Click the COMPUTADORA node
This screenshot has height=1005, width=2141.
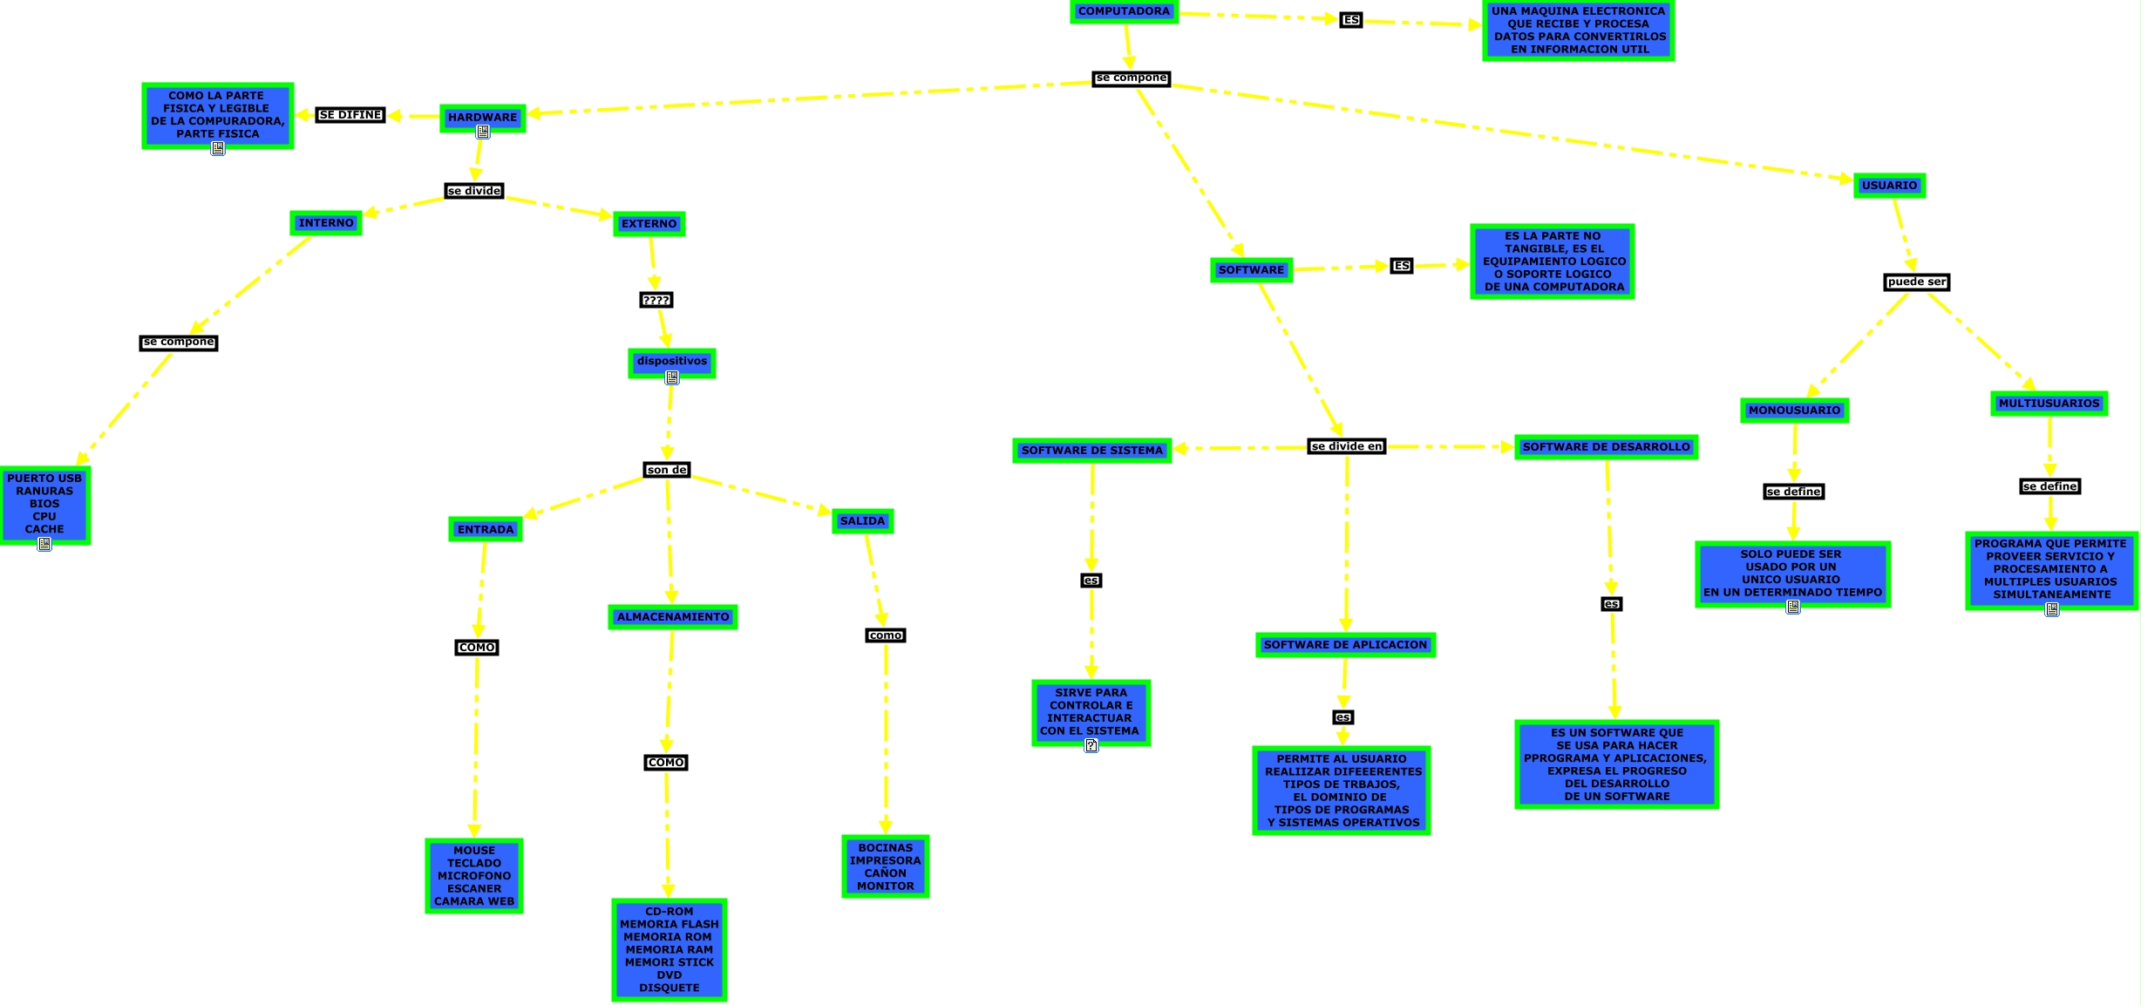(1124, 11)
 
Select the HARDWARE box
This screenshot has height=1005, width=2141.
(482, 118)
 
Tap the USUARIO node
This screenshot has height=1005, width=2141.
(1889, 186)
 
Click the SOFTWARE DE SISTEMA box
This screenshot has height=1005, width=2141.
(1091, 451)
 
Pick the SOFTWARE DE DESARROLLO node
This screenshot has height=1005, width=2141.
(1606, 447)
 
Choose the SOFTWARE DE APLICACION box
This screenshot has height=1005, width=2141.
(1345, 645)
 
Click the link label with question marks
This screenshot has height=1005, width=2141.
(656, 301)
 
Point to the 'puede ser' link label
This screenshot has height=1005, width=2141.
(1916, 282)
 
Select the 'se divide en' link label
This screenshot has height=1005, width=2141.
(1346, 447)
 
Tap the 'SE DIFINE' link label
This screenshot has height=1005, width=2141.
(350, 115)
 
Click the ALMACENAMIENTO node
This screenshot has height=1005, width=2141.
(672, 617)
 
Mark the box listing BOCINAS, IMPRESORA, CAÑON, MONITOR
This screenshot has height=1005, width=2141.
(885, 866)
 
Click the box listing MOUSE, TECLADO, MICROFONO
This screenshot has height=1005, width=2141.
(473, 876)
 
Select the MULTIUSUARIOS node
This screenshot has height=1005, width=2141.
(2049, 404)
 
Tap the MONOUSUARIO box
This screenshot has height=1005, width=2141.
(1794, 411)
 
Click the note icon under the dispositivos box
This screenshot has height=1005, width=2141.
(672, 377)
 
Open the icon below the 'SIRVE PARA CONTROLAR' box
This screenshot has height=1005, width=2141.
(1091, 745)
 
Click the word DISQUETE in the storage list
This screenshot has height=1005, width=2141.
(669, 988)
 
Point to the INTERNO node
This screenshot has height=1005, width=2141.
(326, 223)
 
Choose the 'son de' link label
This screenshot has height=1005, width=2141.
(667, 471)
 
